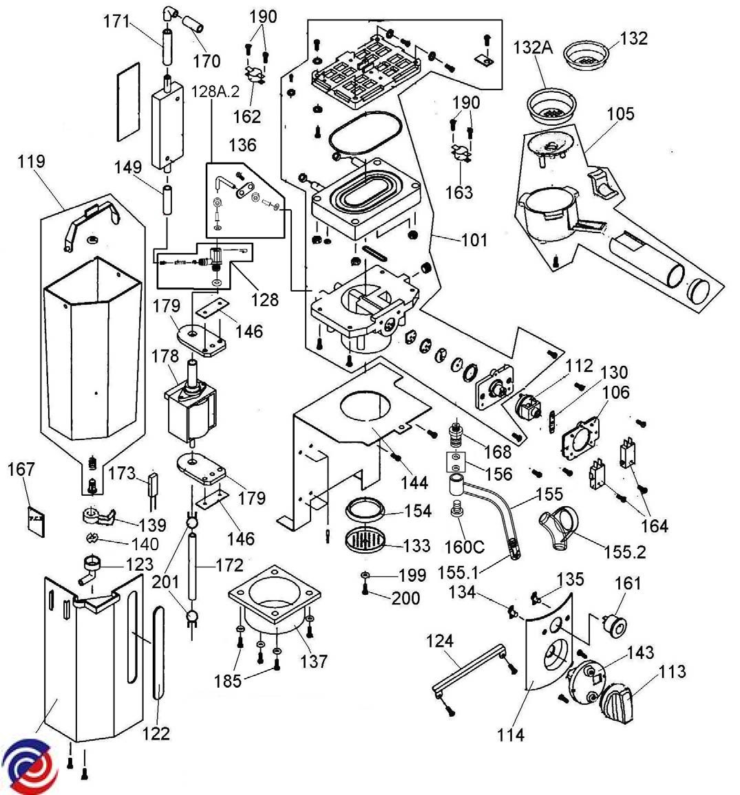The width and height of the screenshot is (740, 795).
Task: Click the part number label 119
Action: pos(32,162)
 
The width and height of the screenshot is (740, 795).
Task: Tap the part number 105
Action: pos(620,113)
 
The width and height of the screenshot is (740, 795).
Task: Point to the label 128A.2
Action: pos(215,91)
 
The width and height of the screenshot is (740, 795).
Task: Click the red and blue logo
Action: pos(29,765)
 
